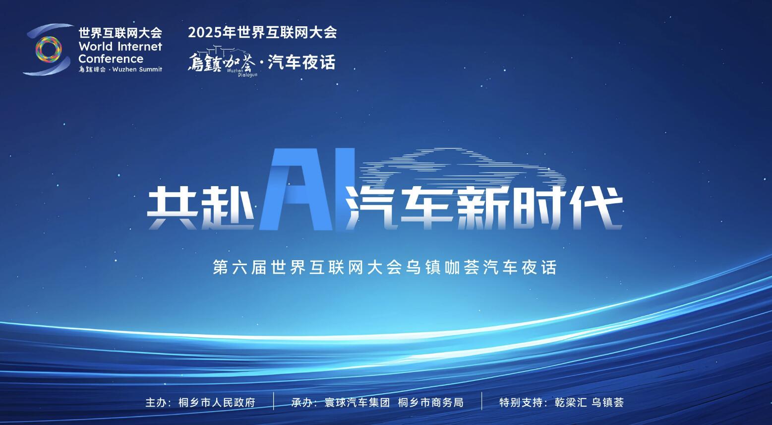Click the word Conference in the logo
click(111, 59)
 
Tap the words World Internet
click(120, 47)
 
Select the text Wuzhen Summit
click(137, 70)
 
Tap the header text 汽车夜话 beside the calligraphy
click(301, 63)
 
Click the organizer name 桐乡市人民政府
click(217, 402)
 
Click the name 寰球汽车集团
click(357, 402)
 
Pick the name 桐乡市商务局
click(430, 402)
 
